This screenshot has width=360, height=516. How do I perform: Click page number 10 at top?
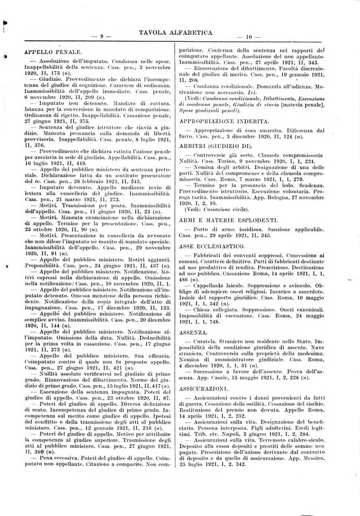coord(249,37)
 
